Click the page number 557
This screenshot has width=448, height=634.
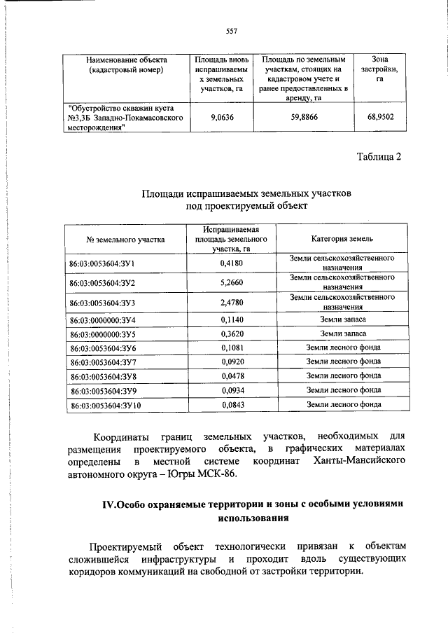pos(232,30)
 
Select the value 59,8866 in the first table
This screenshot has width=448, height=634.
pos(304,118)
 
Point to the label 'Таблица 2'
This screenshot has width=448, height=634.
pos(379,156)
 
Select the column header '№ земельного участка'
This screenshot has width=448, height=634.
pos(126,239)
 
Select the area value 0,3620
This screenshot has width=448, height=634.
pos(231,333)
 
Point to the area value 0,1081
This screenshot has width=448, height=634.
pos(231,347)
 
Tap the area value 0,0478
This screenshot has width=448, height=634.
pos(231,375)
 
